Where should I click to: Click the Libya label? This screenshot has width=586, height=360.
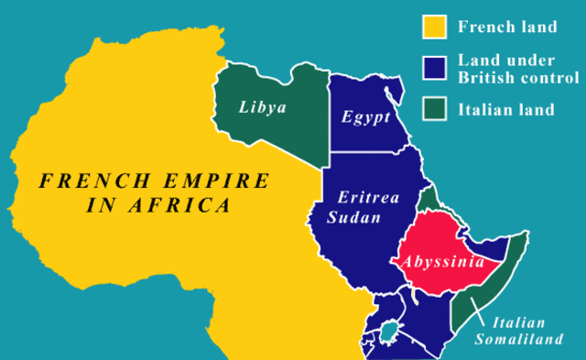(x=264, y=108)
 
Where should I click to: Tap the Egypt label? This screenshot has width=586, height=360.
(x=366, y=117)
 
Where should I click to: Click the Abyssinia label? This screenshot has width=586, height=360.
(x=441, y=260)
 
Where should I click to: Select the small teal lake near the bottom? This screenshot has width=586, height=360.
(x=392, y=330)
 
